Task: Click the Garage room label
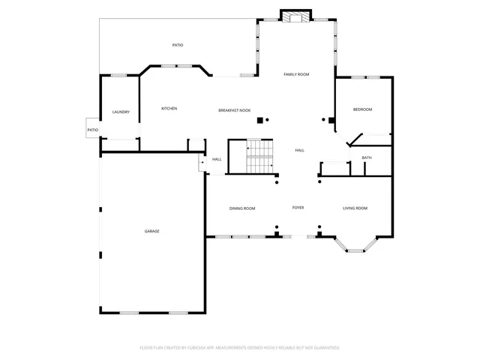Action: tap(152, 231)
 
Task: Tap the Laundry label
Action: tap(121, 112)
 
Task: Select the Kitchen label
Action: tap(169, 109)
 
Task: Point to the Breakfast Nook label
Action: tap(234, 110)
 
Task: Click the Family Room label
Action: tap(296, 74)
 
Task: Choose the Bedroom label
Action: tap(363, 109)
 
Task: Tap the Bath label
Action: tap(367, 157)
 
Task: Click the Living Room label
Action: tap(355, 208)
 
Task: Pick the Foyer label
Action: tap(298, 208)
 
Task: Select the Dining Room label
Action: tap(242, 208)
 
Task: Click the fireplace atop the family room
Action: tap(294, 16)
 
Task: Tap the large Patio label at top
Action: tap(178, 45)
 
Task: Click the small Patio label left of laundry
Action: tap(92, 130)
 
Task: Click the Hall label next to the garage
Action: tap(217, 159)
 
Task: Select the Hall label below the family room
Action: tap(299, 151)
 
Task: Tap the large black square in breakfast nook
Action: tap(260, 120)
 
